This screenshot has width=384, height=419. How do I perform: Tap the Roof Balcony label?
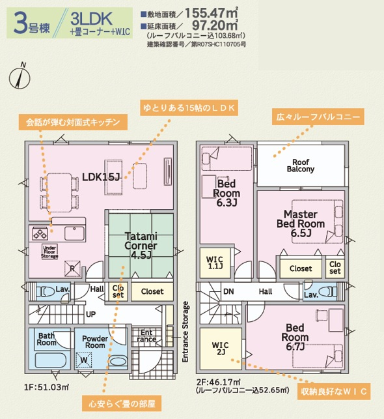tap(301, 166)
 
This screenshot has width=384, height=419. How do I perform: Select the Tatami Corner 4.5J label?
tap(141, 246)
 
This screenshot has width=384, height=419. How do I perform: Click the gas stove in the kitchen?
tap(40, 233)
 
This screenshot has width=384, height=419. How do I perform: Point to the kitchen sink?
tap(74, 233)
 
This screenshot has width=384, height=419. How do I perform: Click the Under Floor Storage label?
tap(49, 252)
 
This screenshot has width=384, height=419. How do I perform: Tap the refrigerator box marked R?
tap(72, 268)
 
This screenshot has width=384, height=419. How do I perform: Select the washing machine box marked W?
tap(84, 360)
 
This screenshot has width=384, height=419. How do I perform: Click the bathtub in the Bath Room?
tap(51, 361)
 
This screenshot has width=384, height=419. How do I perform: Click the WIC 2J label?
tap(220, 349)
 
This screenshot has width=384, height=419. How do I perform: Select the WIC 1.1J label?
tap(215, 263)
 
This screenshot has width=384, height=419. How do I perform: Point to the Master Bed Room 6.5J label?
tap(301, 224)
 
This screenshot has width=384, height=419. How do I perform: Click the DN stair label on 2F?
tap(228, 291)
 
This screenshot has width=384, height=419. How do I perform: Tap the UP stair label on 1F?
tap(90, 314)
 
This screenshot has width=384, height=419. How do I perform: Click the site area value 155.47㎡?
tap(211, 13)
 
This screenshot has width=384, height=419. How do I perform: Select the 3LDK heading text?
tap(91, 19)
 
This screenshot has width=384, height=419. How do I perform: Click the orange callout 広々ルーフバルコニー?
tap(318, 117)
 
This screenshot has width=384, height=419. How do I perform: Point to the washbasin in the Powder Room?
tap(118, 361)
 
